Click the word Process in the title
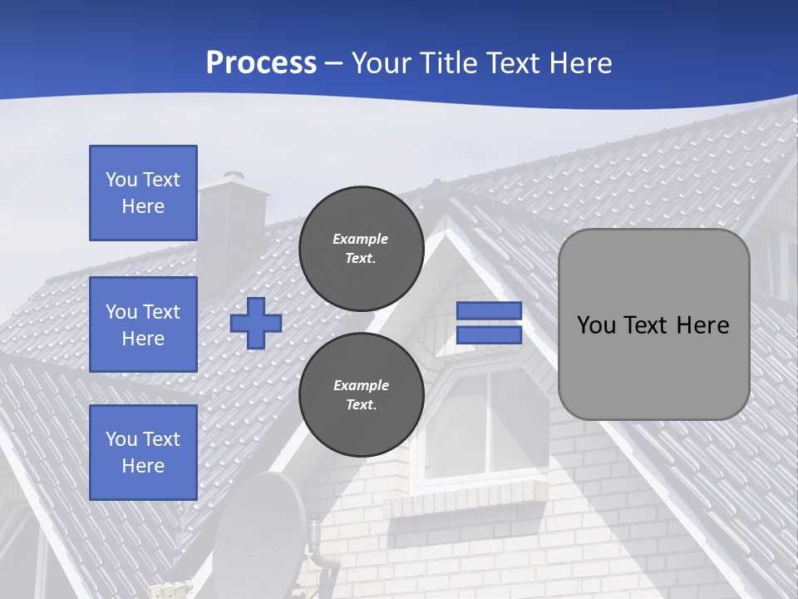point(261,63)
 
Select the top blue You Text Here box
point(143,193)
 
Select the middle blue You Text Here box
point(143,324)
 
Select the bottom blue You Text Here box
point(143,452)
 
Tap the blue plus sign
point(256,323)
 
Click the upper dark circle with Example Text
point(361,248)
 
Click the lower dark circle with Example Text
point(361,394)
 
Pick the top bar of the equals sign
point(489,310)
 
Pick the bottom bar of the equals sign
point(489,334)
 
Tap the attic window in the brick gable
point(487,424)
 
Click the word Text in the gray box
point(653,325)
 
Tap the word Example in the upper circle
point(360,239)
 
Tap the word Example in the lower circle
point(361,385)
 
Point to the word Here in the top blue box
point(143,206)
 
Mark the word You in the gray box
point(595,325)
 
